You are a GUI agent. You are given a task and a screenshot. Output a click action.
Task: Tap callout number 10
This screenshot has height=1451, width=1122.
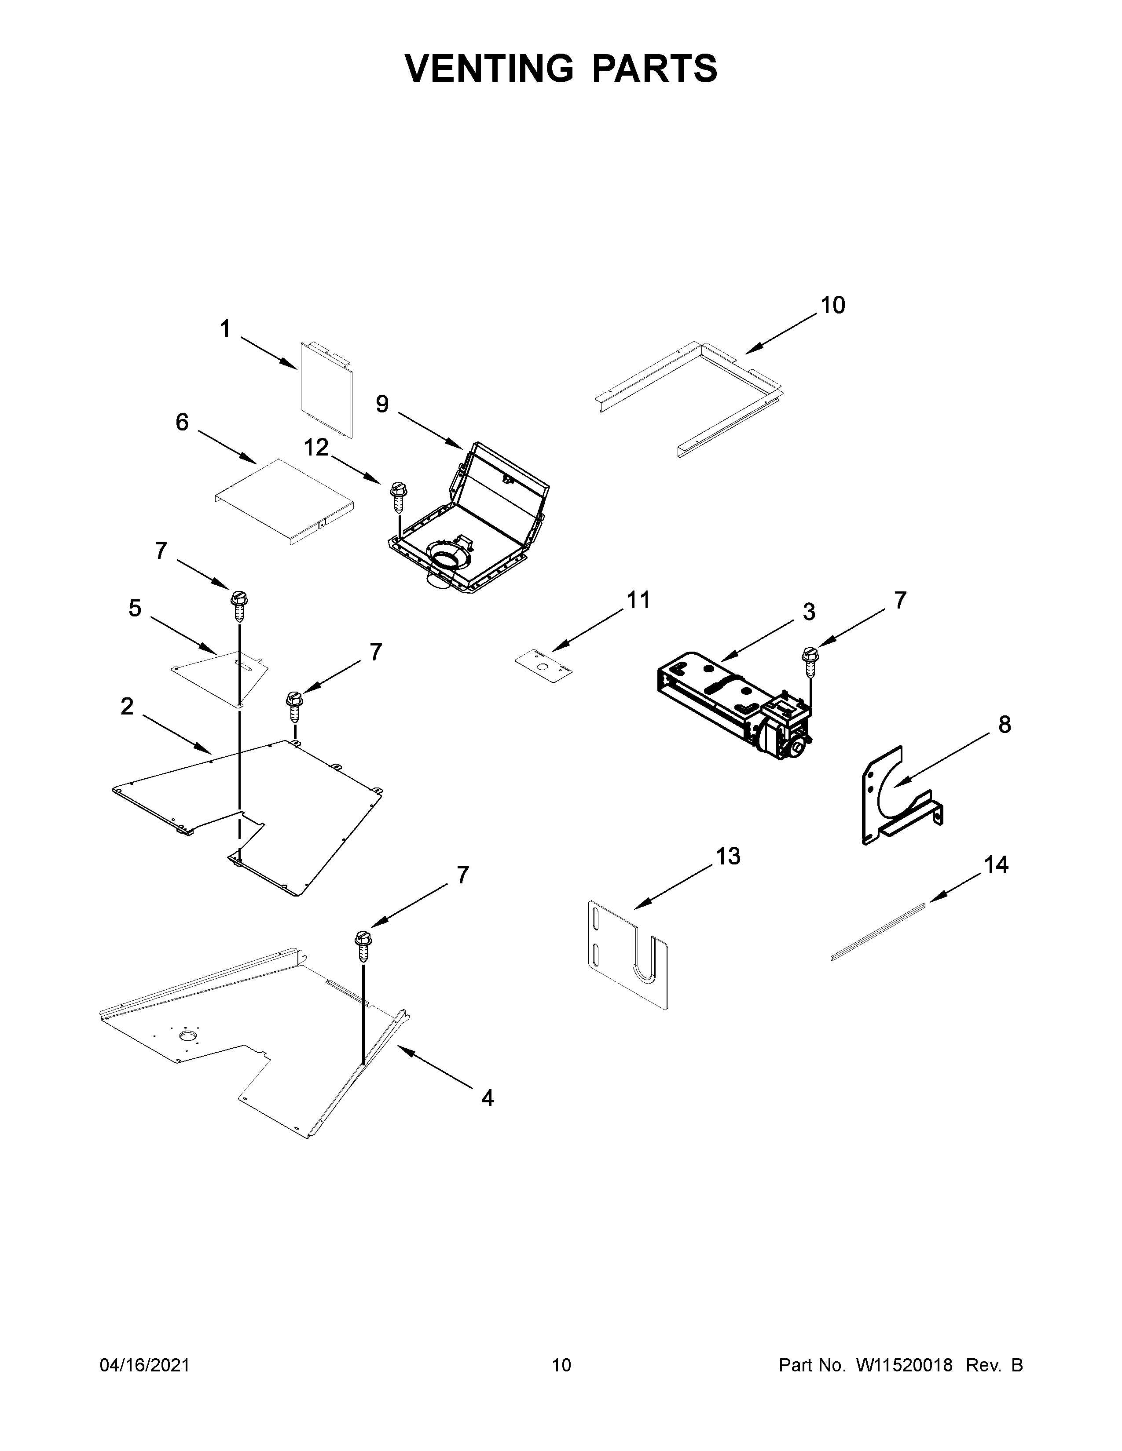coord(832,305)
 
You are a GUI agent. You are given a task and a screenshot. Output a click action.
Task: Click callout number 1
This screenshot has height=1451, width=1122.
coord(225,329)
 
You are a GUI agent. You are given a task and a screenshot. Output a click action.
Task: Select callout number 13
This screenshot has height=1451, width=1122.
coord(728,857)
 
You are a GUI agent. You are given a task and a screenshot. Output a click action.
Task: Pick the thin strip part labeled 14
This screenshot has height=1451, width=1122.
coord(877,930)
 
